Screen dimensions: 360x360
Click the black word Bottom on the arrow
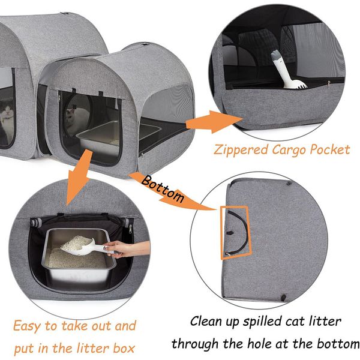point(163,189)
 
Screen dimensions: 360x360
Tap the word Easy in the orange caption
point(27,326)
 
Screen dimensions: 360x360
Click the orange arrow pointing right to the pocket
point(214,122)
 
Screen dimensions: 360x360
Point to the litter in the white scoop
point(76,244)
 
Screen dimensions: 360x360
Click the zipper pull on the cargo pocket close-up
point(329,83)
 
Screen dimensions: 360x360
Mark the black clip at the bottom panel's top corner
point(289,183)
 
